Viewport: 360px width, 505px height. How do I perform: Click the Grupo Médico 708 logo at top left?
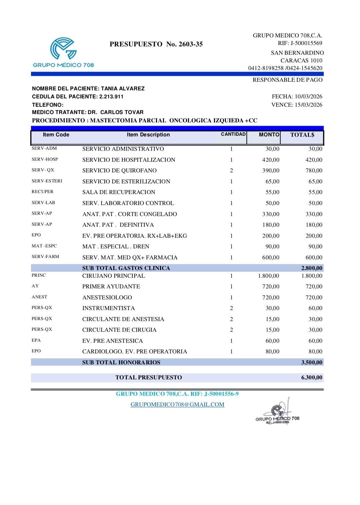[63, 52]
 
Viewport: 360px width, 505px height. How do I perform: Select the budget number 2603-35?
[191, 44]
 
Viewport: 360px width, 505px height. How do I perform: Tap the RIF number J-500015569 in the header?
[306, 43]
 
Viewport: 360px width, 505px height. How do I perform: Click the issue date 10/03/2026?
[308, 97]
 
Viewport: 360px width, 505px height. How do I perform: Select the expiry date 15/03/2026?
[309, 105]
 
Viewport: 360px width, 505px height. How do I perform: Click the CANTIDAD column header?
[233, 134]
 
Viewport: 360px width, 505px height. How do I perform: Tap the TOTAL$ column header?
[302, 135]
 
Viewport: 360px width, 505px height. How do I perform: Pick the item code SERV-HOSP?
[45, 159]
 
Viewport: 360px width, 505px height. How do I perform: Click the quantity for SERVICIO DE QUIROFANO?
[231, 171]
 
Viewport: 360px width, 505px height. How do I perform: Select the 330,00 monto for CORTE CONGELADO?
[271, 214]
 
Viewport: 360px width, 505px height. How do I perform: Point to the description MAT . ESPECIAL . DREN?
[116, 247]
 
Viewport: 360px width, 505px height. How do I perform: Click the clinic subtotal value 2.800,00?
[312, 268]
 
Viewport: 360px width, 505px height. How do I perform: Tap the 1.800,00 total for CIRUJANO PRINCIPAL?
[312, 276]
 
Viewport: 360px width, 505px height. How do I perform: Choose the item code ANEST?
[39, 297]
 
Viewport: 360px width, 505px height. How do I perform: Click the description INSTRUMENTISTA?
[109, 308]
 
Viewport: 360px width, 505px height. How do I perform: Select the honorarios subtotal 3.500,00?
[312, 362]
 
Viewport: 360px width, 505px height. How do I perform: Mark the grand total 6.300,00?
[312, 378]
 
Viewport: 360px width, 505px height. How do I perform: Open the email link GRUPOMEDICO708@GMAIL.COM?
[177, 405]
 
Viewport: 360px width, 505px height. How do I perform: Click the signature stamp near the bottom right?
[277, 413]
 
